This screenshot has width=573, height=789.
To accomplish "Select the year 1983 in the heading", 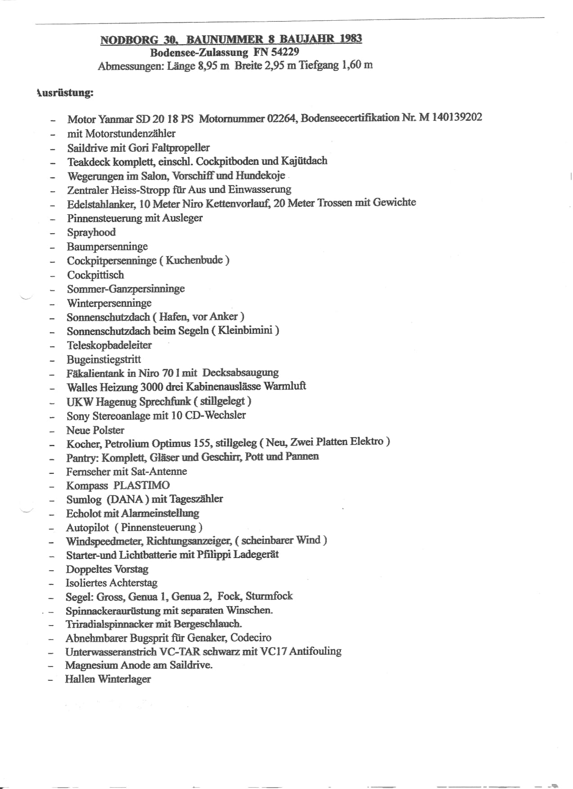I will pos(351,38).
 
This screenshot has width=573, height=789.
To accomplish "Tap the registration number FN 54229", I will pos(276,52).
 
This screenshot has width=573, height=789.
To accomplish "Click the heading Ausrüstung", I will pos(65,93).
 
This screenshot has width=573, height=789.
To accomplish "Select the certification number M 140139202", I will pos(451,118).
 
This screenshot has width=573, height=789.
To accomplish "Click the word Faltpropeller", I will pos(182,147).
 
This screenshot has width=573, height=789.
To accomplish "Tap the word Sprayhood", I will pos(91,232).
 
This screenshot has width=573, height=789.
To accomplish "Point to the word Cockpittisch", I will pos(95,275).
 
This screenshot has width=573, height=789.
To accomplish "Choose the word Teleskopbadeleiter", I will pos(109,345).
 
